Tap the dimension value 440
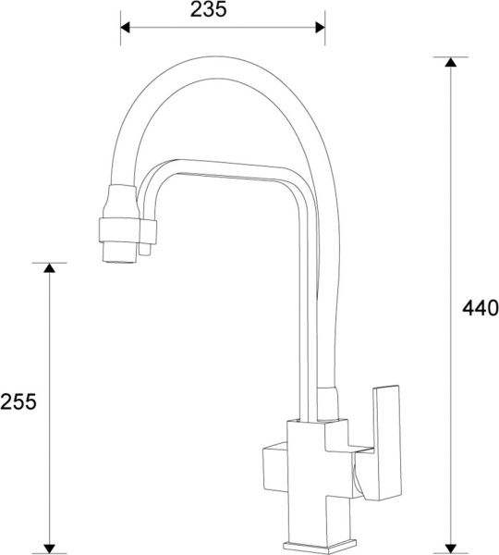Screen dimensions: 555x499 (480, 308)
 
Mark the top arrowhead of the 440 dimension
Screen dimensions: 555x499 (450, 63)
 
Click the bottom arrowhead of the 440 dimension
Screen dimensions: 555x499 (450, 546)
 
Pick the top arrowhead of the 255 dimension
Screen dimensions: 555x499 (50, 268)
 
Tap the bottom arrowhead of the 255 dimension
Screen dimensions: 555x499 (50, 546)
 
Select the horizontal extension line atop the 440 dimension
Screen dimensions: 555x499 (450, 57)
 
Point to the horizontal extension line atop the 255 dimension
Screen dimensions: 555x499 (50, 263)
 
